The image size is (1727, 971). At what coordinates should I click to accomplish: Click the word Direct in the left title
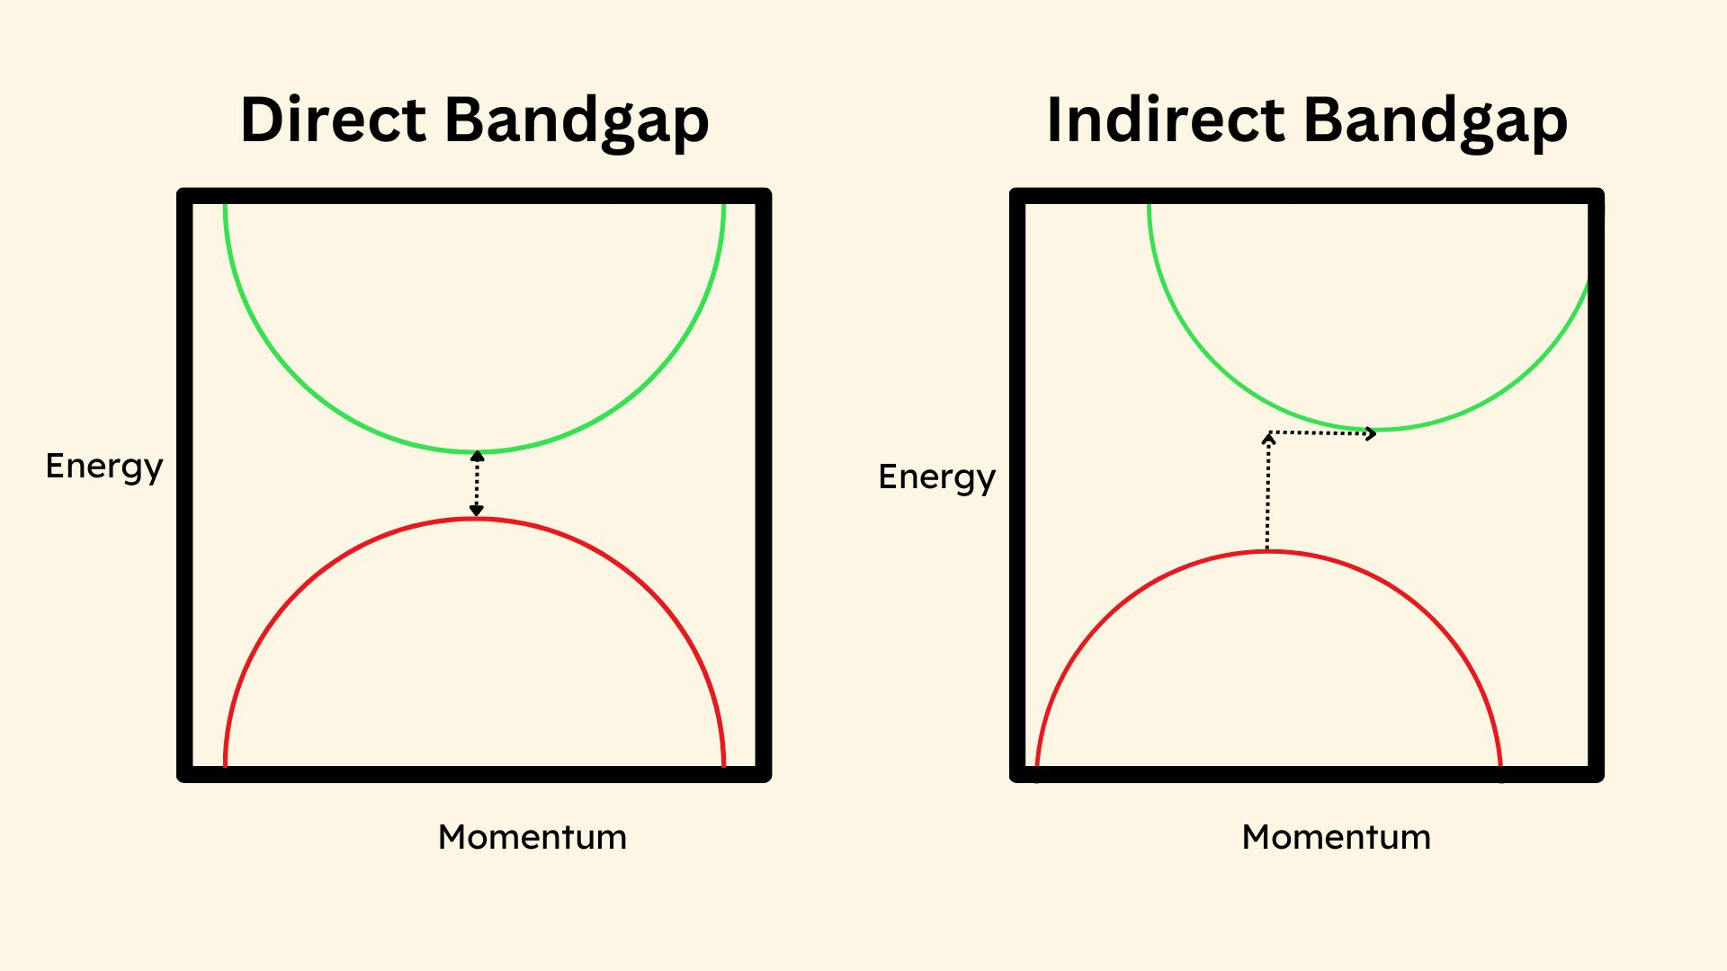[333, 120]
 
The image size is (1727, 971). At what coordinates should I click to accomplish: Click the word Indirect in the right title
[1166, 120]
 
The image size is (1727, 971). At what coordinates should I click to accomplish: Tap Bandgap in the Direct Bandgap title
[577, 121]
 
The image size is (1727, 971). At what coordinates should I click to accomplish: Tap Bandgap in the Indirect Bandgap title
[1436, 121]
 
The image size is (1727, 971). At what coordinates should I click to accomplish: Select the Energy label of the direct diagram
[104, 467]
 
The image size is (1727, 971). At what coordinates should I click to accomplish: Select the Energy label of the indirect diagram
[937, 477]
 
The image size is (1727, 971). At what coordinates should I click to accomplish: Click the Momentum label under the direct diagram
[532, 837]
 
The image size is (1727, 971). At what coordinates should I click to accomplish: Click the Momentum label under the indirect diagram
[1337, 837]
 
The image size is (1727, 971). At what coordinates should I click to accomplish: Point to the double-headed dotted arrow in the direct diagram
[477, 484]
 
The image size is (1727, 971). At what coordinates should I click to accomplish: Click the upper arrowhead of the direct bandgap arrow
[477, 455]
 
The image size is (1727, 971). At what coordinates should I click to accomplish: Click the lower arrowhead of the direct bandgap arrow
[477, 512]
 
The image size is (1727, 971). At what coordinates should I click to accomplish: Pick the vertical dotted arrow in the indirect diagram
[1267, 491]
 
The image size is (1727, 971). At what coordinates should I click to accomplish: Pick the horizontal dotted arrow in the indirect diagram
[1322, 433]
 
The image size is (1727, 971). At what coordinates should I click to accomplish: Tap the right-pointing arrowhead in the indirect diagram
[1372, 434]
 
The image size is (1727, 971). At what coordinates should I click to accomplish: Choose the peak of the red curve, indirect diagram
[1268, 552]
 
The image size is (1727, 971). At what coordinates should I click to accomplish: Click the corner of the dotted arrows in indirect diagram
[1268, 433]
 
